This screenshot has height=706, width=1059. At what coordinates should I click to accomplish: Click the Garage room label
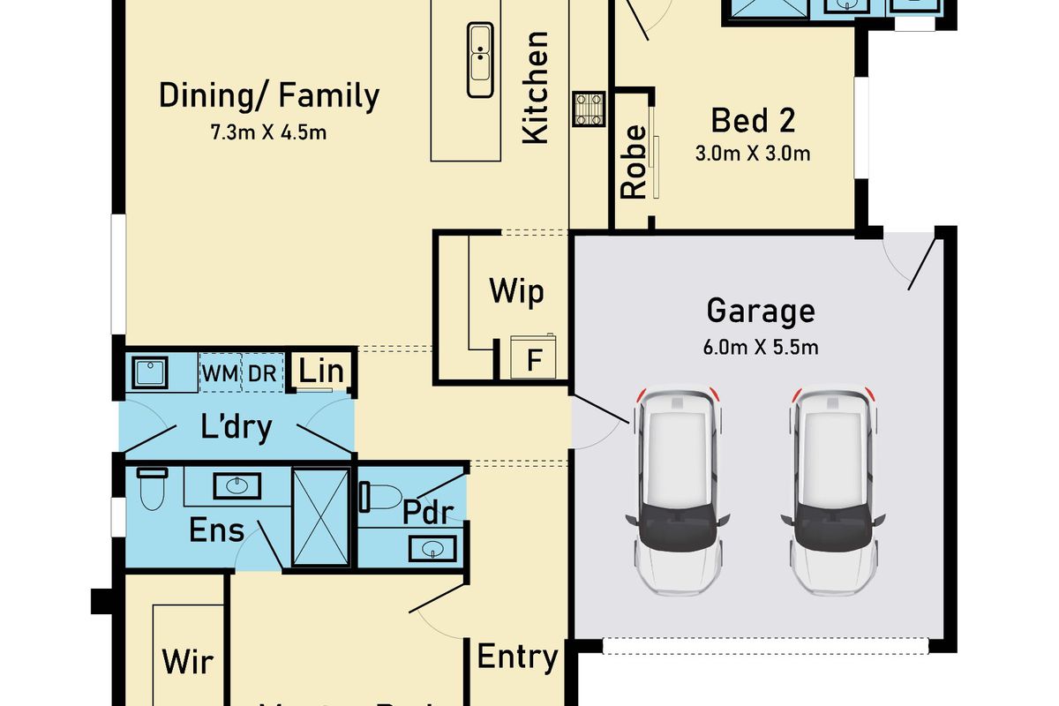coord(760,312)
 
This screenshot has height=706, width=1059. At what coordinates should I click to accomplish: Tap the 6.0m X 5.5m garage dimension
coord(760,348)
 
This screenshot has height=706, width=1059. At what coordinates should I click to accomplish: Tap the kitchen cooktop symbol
coord(590,109)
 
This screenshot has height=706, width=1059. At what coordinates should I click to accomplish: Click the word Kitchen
coord(536,87)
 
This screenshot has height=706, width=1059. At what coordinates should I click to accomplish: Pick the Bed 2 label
coord(753,118)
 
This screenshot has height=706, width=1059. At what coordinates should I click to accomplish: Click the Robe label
coord(634,161)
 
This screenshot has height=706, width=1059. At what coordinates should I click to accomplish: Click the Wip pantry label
coord(516,292)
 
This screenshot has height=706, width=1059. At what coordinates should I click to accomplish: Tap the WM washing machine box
coord(220,373)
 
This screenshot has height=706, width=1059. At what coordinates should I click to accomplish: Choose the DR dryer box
coord(262,373)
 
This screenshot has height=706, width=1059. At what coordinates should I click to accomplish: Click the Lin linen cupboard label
coord(321,372)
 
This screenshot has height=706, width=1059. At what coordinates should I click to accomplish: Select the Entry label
coord(517,657)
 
